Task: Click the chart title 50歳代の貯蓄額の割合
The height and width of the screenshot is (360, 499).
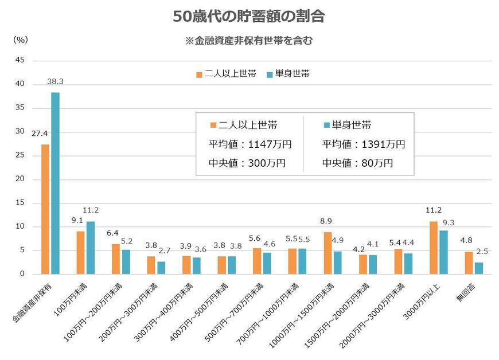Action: pos(249,17)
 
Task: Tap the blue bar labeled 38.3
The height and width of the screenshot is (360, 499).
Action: pos(55,183)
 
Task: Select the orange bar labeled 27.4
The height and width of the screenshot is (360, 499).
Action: pos(45,209)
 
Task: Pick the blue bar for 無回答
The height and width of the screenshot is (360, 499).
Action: pos(479,268)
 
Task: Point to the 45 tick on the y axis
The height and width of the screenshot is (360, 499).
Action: pos(20,60)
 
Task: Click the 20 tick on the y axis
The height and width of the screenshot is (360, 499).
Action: pos(20,179)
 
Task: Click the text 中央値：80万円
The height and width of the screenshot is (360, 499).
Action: pos(358,163)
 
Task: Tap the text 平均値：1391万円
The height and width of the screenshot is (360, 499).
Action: pos(364,144)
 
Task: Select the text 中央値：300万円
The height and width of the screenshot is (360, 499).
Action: pos(248,163)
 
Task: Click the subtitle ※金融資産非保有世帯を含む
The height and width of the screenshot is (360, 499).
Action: pos(249,41)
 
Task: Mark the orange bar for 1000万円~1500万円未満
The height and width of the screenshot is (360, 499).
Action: pos(328,253)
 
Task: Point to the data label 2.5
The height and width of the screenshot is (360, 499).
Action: pos(482,251)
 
